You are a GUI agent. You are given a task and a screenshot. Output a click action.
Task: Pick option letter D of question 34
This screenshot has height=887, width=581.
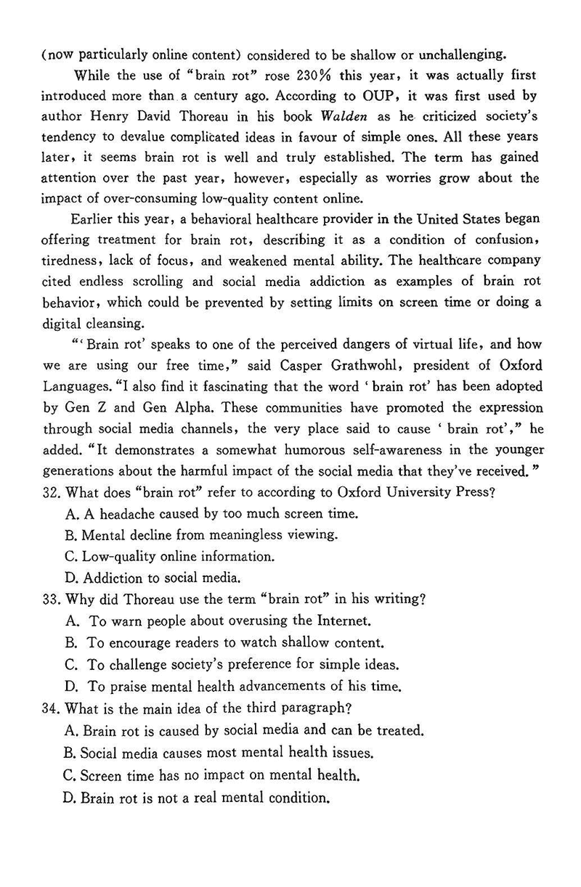pos(70,798)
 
